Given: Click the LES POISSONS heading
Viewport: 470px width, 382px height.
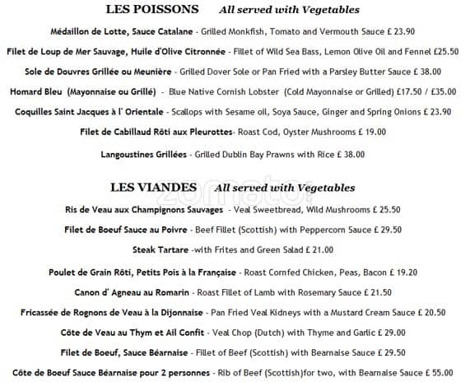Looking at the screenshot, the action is pyautogui.click(x=152, y=10).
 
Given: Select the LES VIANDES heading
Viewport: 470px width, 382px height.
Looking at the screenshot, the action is pyautogui.click(x=152, y=188).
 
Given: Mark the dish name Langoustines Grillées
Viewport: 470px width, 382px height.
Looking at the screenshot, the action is pyautogui.click(x=144, y=154).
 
